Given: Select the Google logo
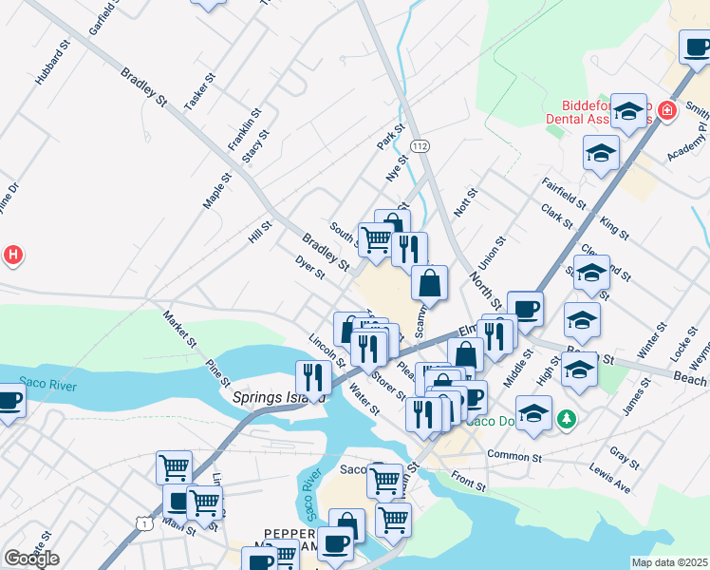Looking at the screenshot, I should (31, 559).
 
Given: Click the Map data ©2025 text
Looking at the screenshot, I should (669, 562).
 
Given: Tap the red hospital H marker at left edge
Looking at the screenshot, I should (12, 255).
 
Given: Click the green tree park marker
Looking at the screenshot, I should (567, 417).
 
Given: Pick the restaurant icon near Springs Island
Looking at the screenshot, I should (313, 376).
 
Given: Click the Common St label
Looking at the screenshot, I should (514, 456).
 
